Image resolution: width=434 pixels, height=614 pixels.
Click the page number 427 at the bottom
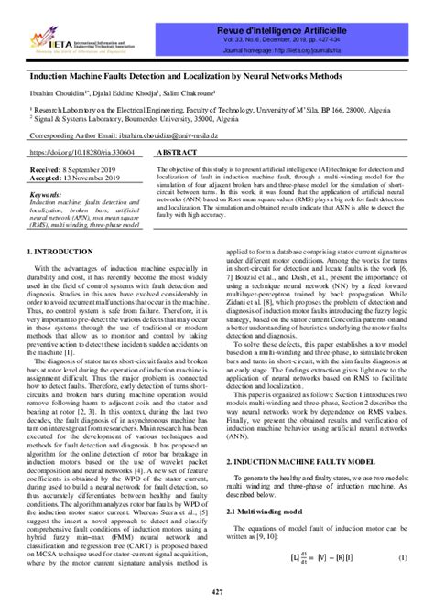click(x=216, y=593)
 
